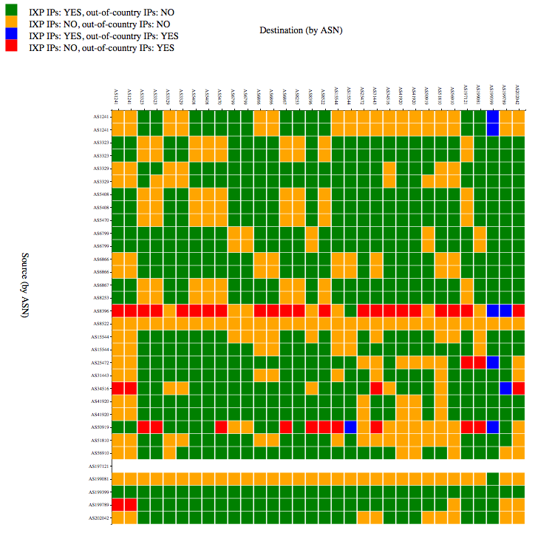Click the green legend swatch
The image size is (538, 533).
[x=10, y=11]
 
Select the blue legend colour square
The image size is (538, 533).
[x=10, y=35]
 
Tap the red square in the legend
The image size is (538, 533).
[x=10, y=47]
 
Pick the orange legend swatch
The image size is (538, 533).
[x=10, y=23]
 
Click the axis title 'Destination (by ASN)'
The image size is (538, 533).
[x=301, y=30]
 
